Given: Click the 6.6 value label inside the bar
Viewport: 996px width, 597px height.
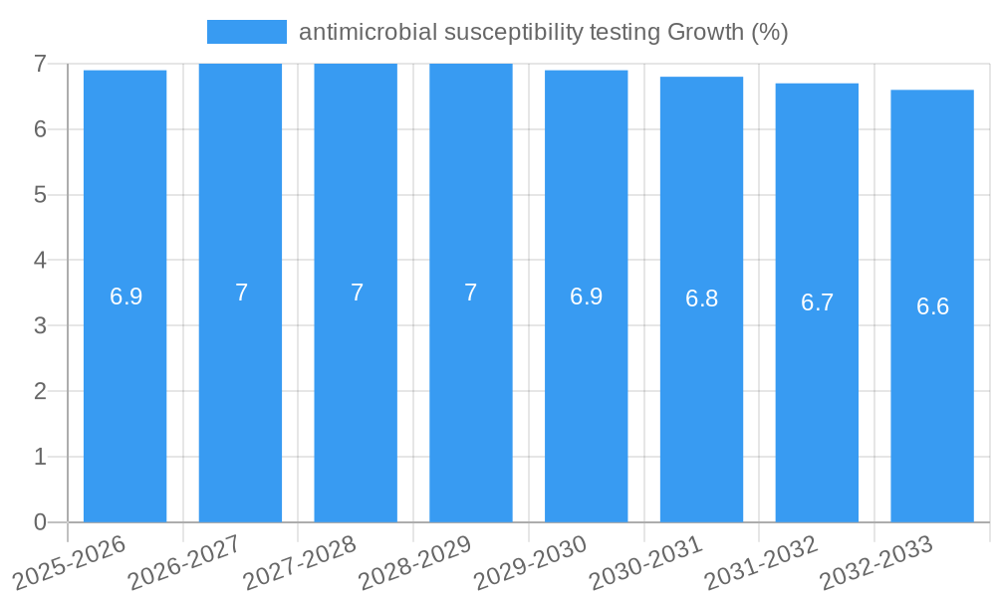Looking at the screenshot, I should pyautogui.click(x=932, y=306).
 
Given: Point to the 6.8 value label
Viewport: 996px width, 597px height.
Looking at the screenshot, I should pyautogui.click(x=701, y=298).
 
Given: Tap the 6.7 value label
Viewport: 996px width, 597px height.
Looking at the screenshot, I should pyautogui.click(x=817, y=302).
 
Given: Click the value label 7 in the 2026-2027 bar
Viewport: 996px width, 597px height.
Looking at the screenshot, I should pyautogui.click(x=241, y=293).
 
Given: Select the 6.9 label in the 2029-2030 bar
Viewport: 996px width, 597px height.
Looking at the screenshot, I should pyautogui.click(x=586, y=297).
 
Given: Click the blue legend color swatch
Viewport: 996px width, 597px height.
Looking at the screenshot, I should pyautogui.click(x=246, y=32).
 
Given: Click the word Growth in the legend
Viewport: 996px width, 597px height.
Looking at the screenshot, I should pyautogui.click(x=704, y=32).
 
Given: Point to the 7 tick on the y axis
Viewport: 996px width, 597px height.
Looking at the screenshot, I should pyautogui.click(x=40, y=64).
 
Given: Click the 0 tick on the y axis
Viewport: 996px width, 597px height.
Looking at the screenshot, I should pyautogui.click(x=40, y=522).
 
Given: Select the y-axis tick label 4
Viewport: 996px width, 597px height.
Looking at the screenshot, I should pyautogui.click(x=40, y=261).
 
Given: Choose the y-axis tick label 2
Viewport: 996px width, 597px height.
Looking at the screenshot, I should pyautogui.click(x=40, y=391).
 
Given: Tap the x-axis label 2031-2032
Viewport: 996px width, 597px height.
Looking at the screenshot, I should pyautogui.click(x=761, y=563).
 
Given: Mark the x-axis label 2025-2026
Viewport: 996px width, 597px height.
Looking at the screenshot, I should pyautogui.click(x=69, y=563).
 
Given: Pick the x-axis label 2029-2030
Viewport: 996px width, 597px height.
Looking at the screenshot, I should pyautogui.click(x=530, y=563).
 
